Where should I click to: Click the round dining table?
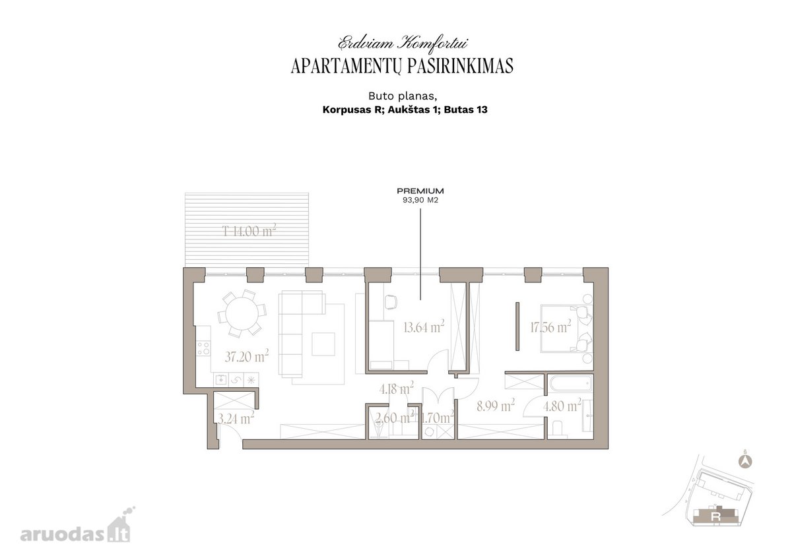242,314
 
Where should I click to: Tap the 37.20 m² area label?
246,356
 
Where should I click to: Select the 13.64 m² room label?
424,327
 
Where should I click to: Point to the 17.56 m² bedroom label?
550,327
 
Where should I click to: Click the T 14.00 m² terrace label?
249,231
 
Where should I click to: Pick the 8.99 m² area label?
496,406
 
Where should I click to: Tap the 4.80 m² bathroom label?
562,406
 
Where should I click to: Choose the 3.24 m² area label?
236,418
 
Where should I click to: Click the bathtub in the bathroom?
570,384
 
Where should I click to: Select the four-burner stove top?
203,348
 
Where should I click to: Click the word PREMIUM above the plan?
420,191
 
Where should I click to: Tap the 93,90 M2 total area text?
420,200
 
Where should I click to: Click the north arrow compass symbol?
746,462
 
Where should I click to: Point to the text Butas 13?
466,109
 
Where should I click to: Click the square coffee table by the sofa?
323,344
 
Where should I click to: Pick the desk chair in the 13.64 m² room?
390,301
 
